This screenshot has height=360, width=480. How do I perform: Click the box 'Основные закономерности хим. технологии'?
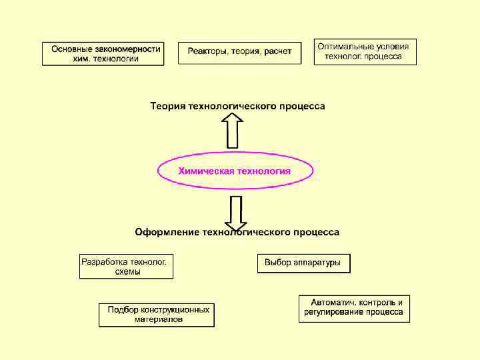103,53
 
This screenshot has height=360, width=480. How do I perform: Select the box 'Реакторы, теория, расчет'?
239,53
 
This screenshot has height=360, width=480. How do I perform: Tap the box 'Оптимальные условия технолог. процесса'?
365,51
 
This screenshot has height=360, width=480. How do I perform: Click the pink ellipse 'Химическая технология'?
235,171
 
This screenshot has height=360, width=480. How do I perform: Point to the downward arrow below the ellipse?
235,212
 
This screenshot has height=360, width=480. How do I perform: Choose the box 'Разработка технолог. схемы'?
127,267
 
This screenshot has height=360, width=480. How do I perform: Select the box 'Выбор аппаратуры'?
303,263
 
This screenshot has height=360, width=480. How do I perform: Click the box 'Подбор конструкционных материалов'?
157,315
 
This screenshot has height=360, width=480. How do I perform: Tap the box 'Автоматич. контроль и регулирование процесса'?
354,307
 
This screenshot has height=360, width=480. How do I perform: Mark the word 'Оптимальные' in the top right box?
343,47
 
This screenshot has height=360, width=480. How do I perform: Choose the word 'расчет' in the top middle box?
278,51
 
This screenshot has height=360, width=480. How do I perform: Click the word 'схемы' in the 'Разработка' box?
127,272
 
